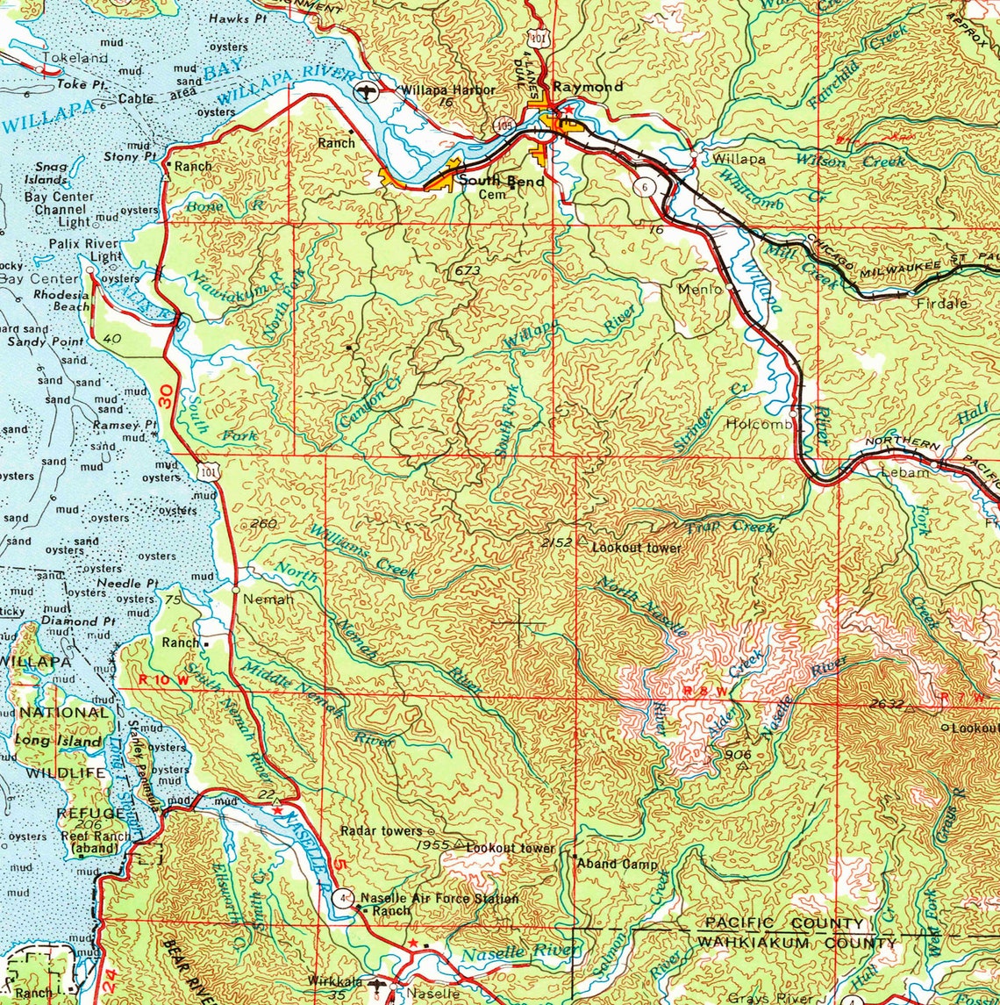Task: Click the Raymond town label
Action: [588, 87]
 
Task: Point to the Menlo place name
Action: [699, 288]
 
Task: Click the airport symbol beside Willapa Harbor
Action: [367, 91]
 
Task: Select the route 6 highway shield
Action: [646, 187]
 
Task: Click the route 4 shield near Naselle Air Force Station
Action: [343, 898]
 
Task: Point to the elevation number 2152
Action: [556, 543]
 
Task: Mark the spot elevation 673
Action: [467, 271]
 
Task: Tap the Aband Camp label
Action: [617, 864]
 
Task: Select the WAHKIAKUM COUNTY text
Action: [796, 944]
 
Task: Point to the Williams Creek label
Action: [361, 551]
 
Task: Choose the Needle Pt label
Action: [127, 583]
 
